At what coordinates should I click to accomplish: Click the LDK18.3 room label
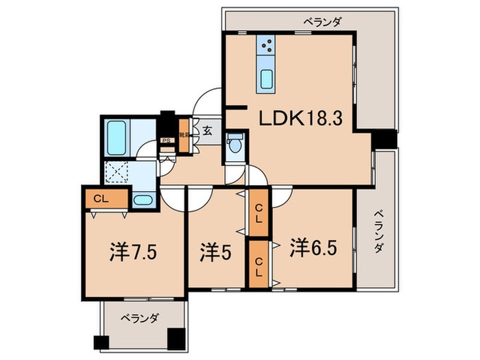[306, 119]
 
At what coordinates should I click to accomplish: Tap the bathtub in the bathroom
[117, 137]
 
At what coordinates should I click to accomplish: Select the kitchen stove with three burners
[267, 47]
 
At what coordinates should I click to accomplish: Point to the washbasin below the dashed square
[143, 200]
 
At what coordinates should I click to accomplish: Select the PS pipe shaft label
[166, 143]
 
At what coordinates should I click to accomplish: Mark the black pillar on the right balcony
[385, 139]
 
